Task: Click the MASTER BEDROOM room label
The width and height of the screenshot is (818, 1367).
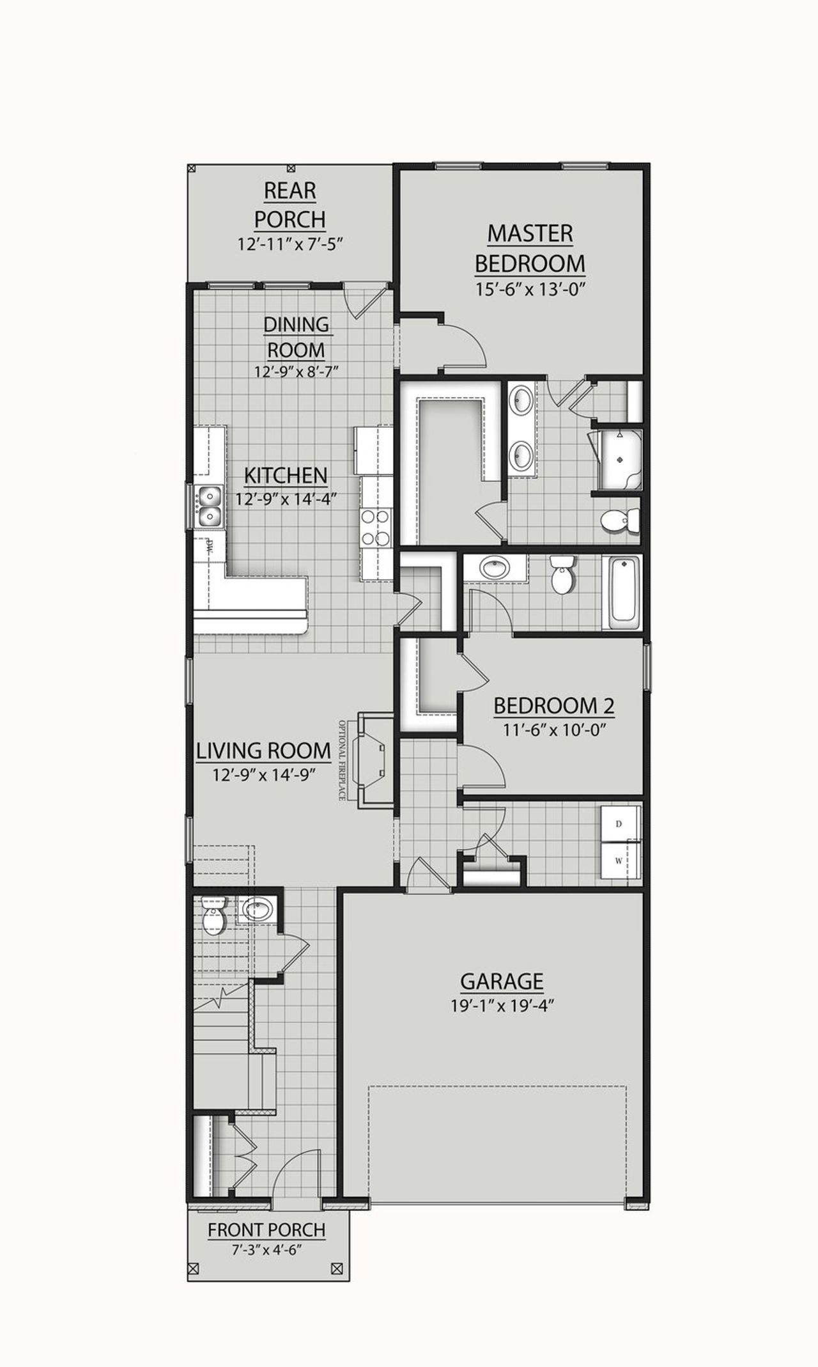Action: coord(530,248)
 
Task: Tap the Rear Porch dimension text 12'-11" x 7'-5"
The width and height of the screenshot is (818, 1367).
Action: coord(291,244)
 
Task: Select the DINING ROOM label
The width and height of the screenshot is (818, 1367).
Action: coord(297,337)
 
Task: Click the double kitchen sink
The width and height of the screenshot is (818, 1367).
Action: coord(208,506)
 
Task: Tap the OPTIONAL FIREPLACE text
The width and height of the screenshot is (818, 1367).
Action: coord(343,760)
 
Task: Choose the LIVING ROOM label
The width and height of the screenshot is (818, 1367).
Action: coord(263,751)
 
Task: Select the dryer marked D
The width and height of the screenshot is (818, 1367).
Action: coord(619,824)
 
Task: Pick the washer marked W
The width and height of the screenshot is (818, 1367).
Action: coord(619,861)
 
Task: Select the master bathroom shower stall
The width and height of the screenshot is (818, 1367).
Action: coord(618,459)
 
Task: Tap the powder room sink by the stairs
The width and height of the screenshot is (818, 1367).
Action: coord(257,908)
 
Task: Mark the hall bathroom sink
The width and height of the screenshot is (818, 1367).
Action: coord(493,568)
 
